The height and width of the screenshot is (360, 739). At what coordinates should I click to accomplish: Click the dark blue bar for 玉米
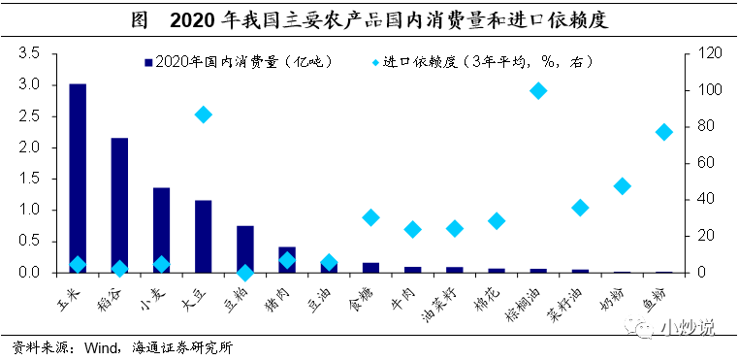[78, 179]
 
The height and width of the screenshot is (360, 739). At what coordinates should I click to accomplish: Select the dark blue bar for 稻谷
[119, 206]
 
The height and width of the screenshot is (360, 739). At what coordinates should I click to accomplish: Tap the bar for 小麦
[162, 230]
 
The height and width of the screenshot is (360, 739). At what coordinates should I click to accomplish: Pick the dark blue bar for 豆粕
[245, 249]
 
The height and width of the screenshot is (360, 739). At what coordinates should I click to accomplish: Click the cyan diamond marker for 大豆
[203, 115]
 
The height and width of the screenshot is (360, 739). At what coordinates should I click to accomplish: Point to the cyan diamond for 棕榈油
[538, 90]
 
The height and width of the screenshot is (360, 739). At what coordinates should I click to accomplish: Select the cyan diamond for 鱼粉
[664, 132]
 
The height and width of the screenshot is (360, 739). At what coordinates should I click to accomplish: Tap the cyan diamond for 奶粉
[622, 186]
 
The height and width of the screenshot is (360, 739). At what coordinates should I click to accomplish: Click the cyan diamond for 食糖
[370, 217]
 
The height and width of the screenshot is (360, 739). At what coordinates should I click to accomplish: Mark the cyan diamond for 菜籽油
[580, 208]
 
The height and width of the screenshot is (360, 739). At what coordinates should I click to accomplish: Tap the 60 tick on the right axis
[694, 163]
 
